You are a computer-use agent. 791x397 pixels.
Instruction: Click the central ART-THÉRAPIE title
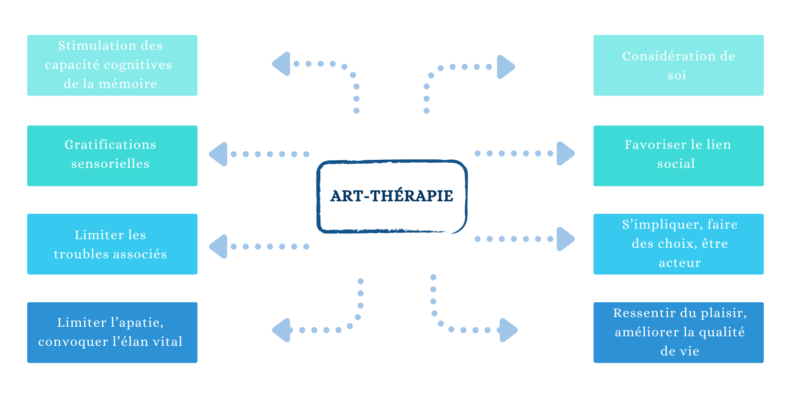[x=392, y=196]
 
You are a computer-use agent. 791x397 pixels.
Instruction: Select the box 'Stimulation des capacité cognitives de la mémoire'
[x=112, y=66]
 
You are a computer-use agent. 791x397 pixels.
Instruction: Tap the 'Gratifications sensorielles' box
[x=112, y=156]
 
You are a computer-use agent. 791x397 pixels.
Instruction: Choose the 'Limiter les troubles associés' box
[x=112, y=244]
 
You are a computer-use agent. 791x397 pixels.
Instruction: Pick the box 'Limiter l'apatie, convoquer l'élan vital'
[x=112, y=332]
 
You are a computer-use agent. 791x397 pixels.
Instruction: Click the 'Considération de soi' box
[x=679, y=66]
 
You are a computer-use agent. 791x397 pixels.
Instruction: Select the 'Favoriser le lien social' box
[x=679, y=156]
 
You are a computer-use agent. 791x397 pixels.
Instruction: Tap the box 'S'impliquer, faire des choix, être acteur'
[x=679, y=244]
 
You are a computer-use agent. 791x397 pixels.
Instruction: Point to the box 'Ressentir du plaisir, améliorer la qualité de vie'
[x=679, y=332]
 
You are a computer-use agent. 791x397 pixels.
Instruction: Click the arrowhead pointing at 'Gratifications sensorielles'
[x=219, y=154]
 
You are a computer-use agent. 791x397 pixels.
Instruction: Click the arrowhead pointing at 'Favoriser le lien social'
[x=565, y=154]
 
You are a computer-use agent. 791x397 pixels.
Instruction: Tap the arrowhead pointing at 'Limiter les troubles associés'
[x=219, y=247]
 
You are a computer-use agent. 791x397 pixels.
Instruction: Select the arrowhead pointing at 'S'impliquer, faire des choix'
[x=565, y=239]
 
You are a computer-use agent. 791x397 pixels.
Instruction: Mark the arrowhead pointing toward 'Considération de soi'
[x=505, y=66]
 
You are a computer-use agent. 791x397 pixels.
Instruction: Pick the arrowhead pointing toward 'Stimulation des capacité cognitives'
[x=282, y=64]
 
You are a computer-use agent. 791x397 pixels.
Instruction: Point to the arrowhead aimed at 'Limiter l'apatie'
[x=282, y=330]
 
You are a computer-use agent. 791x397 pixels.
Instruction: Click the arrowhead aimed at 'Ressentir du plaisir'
[x=508, y=330]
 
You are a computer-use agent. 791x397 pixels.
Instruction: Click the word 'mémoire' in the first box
[x=128, y=84]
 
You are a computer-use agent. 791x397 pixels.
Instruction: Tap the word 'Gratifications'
[x=110, y=144]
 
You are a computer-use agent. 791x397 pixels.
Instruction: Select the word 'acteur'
[x=680, y=263]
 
